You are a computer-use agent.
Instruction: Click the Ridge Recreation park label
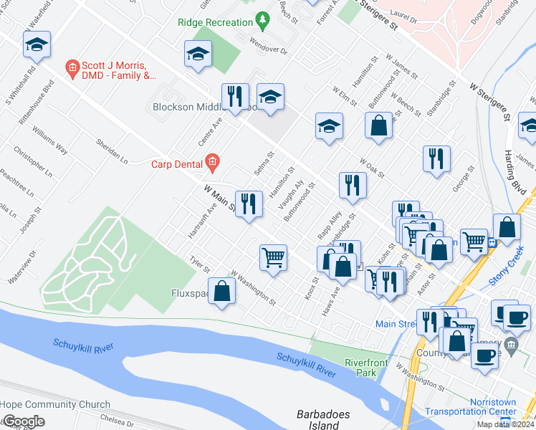[x=215, y=22]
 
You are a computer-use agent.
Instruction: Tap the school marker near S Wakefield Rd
[x=37, y=46]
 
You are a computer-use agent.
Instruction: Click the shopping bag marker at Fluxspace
[x=222, y=290]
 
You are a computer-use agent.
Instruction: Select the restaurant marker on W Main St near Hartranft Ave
[x=248, y=204]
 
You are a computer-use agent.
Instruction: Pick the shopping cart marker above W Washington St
[x=273, y=257]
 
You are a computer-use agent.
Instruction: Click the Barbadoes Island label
[x=317, y=419]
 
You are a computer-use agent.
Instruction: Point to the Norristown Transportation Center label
[x=470, y=406]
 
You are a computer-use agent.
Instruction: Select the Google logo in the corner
[x=23, y=421]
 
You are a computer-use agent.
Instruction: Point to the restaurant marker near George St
[x=436, y=159]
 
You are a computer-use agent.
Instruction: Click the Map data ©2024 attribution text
[x=506, y=424]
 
